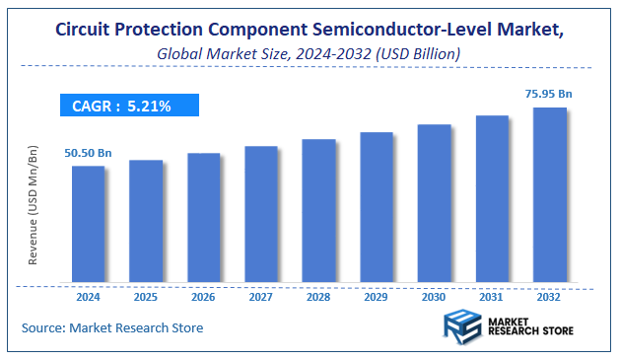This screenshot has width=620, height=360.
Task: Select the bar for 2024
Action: [x=88, y=224]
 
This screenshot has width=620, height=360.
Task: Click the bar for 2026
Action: [x=203, y=218]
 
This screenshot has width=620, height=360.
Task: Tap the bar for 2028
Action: [x=318, y=211]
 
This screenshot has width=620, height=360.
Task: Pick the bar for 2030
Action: [x=434, y=203]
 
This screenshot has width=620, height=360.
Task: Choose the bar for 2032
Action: [x=550, y=195]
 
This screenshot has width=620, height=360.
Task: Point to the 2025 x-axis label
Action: [x=146, y=295]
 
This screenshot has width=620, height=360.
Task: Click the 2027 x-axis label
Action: [x=261, y=295]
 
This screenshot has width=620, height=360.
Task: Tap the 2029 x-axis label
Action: [x=377, y=295]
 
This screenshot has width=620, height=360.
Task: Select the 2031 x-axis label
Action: [x=492, y=295]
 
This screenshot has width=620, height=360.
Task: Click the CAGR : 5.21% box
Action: [x=127, y=106]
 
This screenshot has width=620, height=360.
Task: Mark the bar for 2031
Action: [x=492, y=199]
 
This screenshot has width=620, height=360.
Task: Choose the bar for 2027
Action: [x=261, y=214]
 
